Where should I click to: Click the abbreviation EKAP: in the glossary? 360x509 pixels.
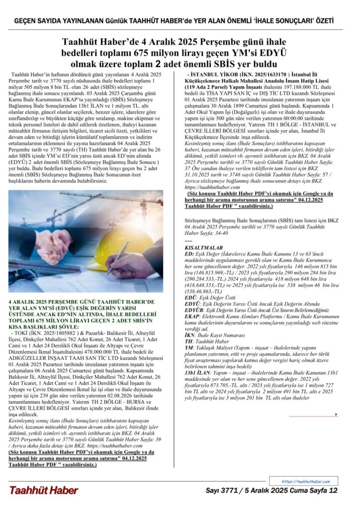pos(192,316)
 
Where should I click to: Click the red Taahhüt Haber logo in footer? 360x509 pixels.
pos(43,490)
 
